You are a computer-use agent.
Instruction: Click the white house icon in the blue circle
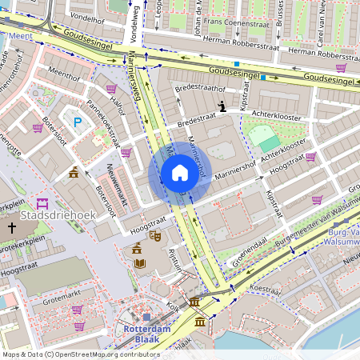pyautogui.click(x=180, y=173)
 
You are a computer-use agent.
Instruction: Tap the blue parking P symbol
pyautogui.click(x=78, y=122)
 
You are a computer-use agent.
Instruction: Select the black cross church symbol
pyautogui.click(x=11, y=228)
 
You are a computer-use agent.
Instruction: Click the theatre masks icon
pyautogui.click(x=158, y=236)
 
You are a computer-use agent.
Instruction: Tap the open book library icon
pyautogui.click(x=139, y=263)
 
